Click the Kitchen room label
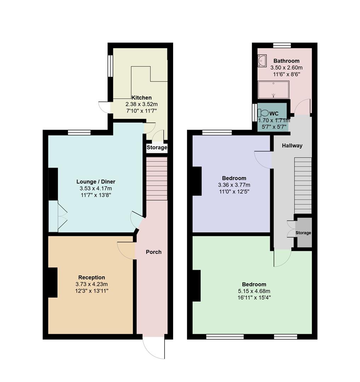(142, 98)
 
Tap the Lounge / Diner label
(96, 182)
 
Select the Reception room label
(92, 278)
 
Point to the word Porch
(154, 252)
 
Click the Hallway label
(292, 145)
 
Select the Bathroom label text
(286, 61)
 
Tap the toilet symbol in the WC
(263, 113)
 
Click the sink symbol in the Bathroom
(262, 60)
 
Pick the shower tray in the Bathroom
(273, 90)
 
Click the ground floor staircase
(156, 179)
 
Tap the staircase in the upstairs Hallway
(303, 185)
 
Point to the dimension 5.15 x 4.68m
(254, 291)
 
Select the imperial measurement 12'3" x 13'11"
(92, 291)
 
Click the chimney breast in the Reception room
(52, 282)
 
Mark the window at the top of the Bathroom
(282, 45)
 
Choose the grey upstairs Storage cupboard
(304, 233)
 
